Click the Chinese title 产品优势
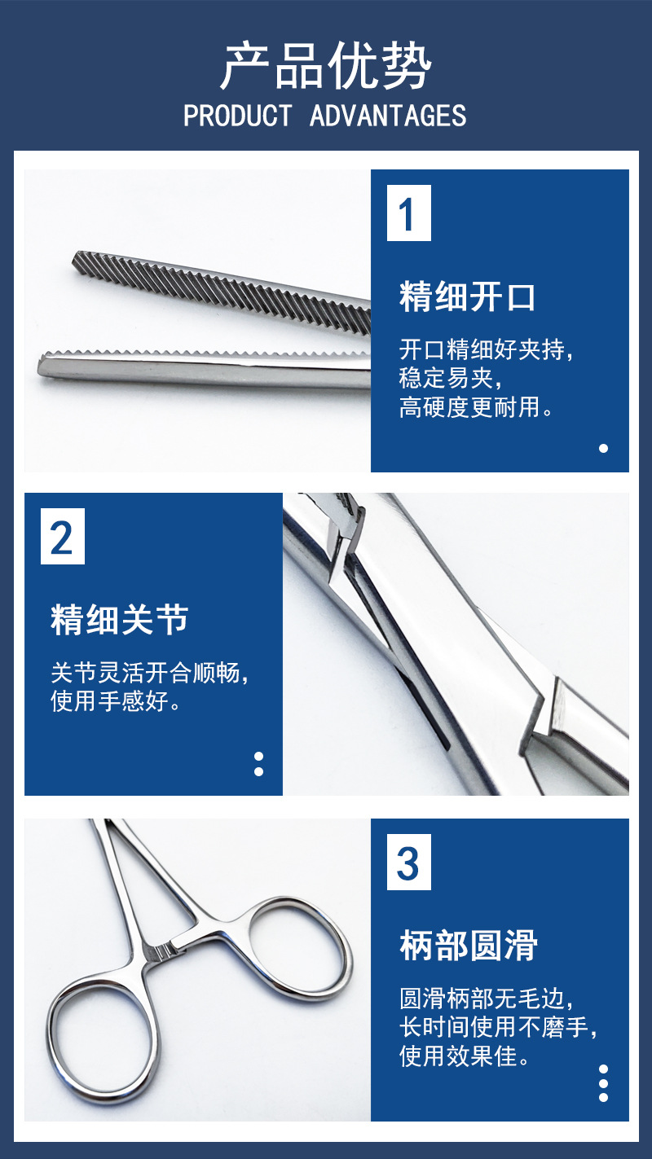click(x=326, y=66)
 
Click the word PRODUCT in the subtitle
click(x=238, y=116)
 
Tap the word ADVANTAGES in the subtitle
click(x=388, y=116)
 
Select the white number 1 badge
click(x=408, y=213)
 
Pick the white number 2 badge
click(x=63, y=536)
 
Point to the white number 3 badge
click(x=408, y=862)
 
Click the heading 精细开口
click(x=467, y=296)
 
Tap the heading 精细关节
click(x=120, y=619)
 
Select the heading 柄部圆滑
click(x=469, y=946)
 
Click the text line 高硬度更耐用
click(x=476, y=406)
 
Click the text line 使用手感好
click(x=115, y=701)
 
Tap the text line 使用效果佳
click(x=464, y=1056)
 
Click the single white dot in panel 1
click(x=603, y=449)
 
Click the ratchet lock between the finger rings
click(x=161, y=950)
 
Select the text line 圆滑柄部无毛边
click(x=486, y=998)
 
